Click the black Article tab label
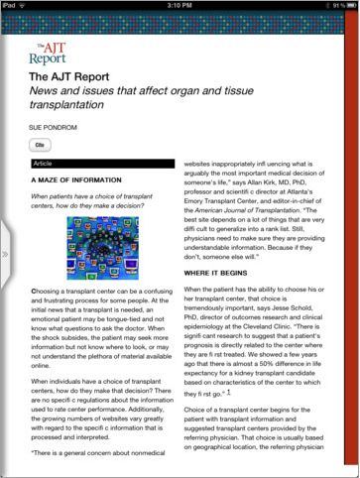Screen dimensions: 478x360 click(44, 161)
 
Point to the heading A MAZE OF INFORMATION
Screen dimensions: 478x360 click(74, 181)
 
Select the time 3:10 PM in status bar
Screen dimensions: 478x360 click(180, 6)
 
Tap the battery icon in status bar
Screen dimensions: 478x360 click(347, 6)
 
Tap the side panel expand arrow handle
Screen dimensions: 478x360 click(5, 254)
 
